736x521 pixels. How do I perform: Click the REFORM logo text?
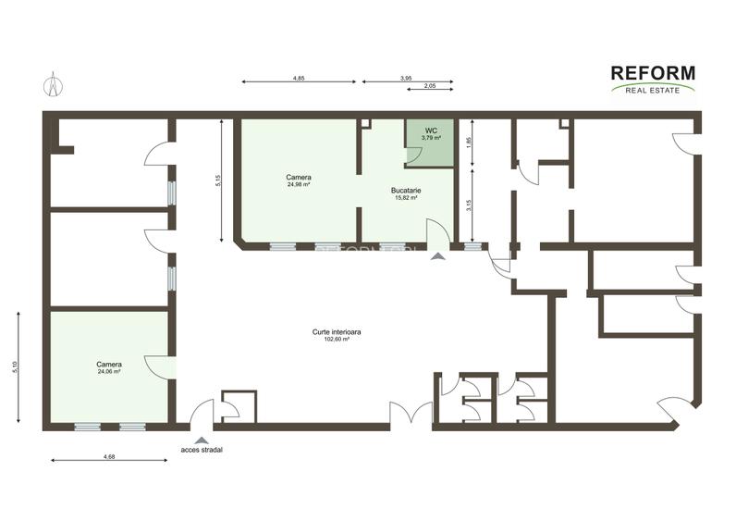pos(653,73)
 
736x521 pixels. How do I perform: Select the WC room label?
pos(431,131)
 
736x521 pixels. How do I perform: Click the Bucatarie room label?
pos(407,191)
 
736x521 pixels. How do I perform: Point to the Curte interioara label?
pos(333,332)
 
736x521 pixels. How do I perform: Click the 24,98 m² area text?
pos(298,184)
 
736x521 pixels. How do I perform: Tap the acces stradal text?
pos(202,450)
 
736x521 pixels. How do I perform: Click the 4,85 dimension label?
pos(299,78)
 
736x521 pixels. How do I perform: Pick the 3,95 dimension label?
pos(406,78)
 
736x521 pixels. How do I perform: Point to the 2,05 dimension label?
pos(429,86)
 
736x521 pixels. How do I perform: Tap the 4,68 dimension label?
pos(109,456)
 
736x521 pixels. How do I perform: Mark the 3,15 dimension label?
pos(469,205)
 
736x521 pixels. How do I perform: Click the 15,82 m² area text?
pos(407,197)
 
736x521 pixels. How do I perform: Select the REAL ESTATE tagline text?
pos(653,90)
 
